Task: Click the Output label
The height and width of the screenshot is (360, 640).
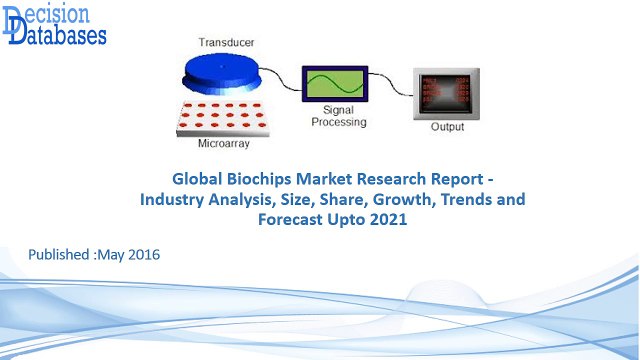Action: point(447,128)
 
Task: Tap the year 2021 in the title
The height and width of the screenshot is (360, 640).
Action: point(387,220)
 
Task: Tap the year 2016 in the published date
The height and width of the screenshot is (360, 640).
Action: point(141,256)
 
